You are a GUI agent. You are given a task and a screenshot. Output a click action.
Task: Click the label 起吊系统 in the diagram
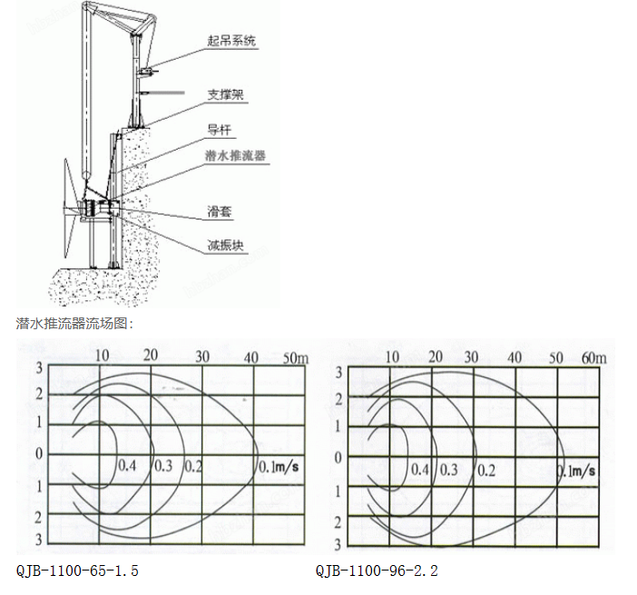pos(231,41)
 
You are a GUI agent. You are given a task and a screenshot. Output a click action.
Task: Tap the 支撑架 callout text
pos(225,94)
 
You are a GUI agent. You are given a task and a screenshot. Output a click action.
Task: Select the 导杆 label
pos(220,130)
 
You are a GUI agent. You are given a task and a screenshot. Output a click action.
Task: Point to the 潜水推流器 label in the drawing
pos(236,155)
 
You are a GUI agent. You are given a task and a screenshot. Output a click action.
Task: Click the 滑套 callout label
pos(220,211)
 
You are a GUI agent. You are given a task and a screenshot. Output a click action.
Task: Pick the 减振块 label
pos(225,245)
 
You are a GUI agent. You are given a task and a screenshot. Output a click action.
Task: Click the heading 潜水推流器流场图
pos(74,324)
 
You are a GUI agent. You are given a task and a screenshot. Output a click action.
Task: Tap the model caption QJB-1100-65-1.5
pos(77,571)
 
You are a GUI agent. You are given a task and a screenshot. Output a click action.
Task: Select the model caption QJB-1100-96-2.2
pos(377,571)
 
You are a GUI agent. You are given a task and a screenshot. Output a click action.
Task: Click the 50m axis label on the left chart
pos(296,357)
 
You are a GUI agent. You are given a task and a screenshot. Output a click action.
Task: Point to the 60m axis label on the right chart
pos(594,357)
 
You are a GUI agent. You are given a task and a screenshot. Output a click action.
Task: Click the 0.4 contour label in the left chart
pos(127,465)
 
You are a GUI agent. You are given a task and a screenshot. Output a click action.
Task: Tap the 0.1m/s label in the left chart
pos(279,466)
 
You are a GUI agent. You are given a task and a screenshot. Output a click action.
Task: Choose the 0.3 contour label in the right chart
pos(449,470)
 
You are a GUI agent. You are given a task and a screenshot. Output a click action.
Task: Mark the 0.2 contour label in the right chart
pos(486,471)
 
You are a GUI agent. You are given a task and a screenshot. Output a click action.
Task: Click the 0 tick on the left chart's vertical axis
pos(39,454)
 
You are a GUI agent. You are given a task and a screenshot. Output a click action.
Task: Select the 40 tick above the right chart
pos(514,357)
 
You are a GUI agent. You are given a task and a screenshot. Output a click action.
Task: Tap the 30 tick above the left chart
pos(202,356)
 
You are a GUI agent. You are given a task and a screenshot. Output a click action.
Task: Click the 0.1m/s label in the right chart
pos(576,471)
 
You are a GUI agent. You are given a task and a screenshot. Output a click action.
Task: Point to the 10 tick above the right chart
pos(392,357)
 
